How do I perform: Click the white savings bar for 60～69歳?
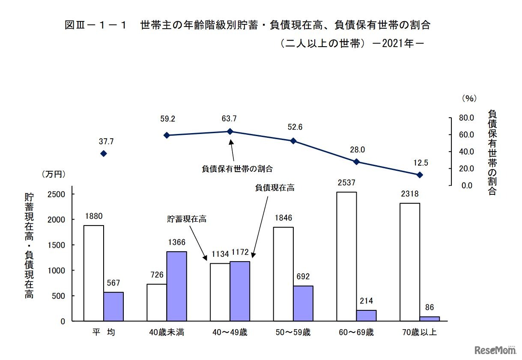pos(346,256)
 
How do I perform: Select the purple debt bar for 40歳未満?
pos(176,286)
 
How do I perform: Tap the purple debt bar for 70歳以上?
pos(430,318)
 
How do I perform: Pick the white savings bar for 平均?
pos(93,273)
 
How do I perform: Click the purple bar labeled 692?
pos(303,303)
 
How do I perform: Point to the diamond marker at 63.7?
pos(230,131)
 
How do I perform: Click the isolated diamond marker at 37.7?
pos(103,154)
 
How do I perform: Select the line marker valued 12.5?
pos(420,175)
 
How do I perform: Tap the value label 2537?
pos(346,183)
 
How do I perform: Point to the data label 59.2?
pos(167,118)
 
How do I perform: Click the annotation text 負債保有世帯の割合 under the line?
pos(237,168)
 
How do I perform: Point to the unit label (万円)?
pos(54,174)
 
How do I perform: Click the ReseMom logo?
pos(495,350)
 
